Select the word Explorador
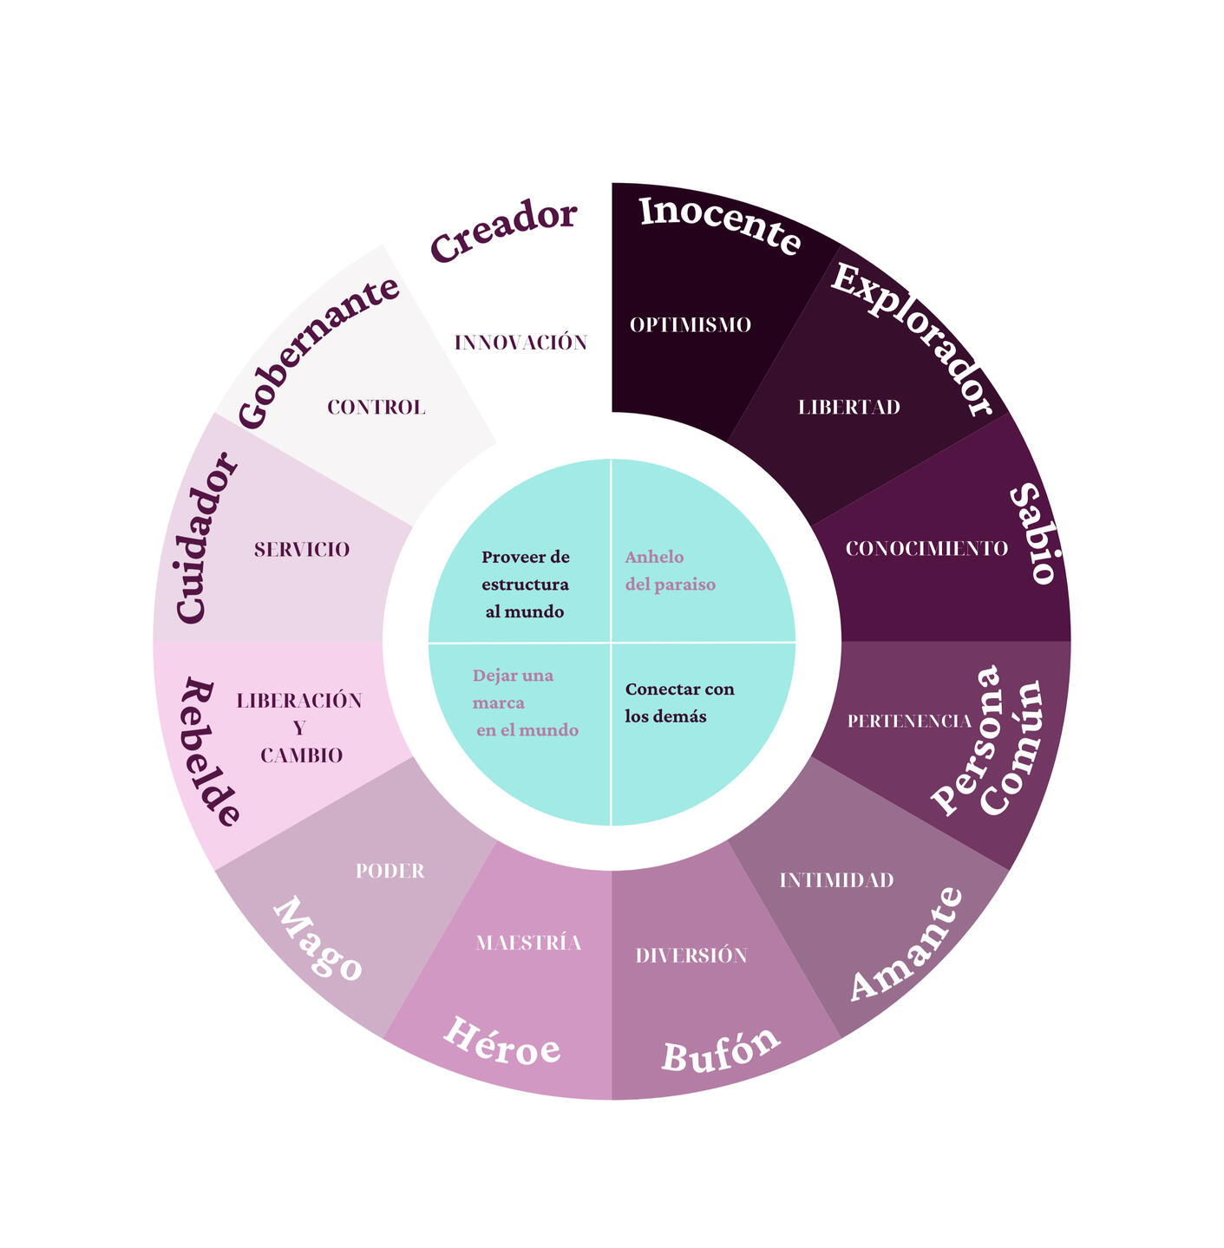tap(912, 339)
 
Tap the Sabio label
tap(1033, 534)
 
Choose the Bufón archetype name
tap(720, 1050)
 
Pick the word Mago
tap(317, 940)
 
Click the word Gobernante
tap(317, 351)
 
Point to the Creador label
tap(503, 230)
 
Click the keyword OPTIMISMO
tap(691, 325)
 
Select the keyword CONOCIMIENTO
tap(926, 549)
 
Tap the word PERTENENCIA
tap(909, 721)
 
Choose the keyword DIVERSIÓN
tap(691, 956)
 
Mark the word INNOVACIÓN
tap(520, 343)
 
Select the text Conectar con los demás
tap(679, 702)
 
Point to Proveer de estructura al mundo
tap(525, 585)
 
